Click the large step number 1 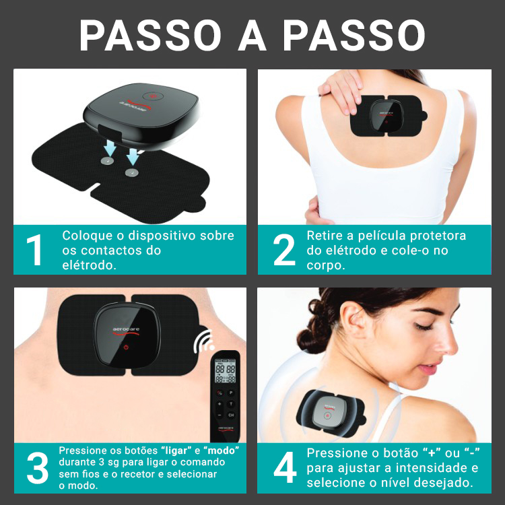coord(35,250)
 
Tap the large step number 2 coord(284,250)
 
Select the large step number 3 coord(38,468)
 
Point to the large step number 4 coord(285,468)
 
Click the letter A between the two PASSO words coord(252,36)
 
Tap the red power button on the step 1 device coord(154,96)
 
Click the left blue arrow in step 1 coord(110,148)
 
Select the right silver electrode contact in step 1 coord(132,172)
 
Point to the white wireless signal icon coord(203,341)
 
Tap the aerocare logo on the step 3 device coord(126,331)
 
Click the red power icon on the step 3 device coord(127,347)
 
